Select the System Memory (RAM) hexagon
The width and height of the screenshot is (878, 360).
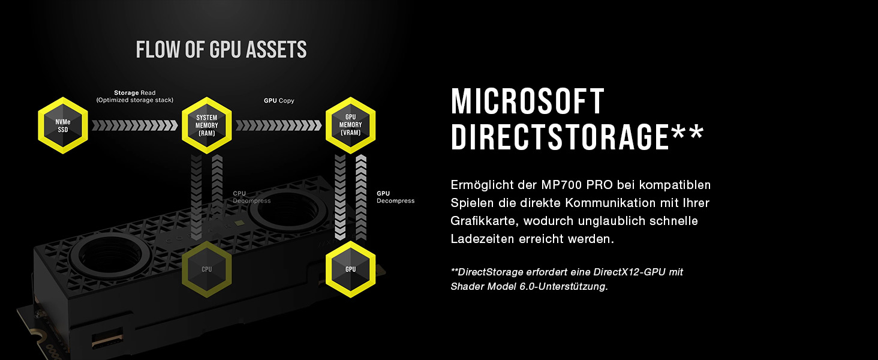tap(207, 125)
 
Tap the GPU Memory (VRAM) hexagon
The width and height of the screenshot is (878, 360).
tap(350, 125)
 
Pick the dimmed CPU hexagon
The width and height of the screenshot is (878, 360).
tap(207, 269)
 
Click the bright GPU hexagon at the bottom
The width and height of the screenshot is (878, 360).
tap(350, 269)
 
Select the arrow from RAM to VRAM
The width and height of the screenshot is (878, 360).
tap(278, 125)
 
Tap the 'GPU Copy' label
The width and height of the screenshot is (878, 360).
tap(279, 101)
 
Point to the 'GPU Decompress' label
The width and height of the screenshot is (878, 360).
tap(395, 197)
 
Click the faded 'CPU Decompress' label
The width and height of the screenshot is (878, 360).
tap(251, 197)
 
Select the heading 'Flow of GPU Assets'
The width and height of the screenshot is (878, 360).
tap(221, 50)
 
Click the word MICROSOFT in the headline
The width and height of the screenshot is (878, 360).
tap(528, 102)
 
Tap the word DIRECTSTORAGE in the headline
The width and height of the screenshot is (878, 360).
tap(559, 137)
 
